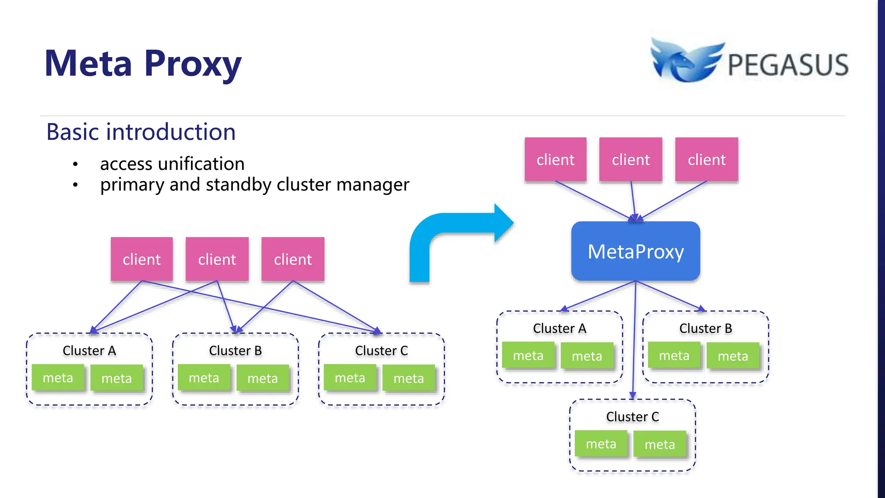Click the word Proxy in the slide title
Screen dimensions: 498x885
[x=193, y=64]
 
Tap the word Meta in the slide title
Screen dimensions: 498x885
[x=88, y=64]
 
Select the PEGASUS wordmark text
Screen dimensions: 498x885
[x=788, y=65]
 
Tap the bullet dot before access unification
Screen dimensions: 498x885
[x=76, y=164]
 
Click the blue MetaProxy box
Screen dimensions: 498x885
[x=635, y=251]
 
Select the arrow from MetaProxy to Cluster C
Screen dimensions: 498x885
[x=634, y=342]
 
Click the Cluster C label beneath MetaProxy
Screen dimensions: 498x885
[x=632, y=417]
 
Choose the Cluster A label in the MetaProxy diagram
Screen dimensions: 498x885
[x=559, y=329]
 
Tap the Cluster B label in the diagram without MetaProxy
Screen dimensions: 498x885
[x=235, y=351]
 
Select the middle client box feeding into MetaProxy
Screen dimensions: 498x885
[x=630, y=160]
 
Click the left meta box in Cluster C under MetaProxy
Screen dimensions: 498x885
[x=601, y=444]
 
